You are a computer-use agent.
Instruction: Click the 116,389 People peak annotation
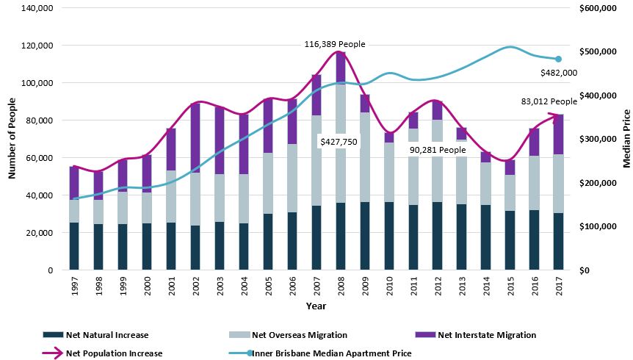335,45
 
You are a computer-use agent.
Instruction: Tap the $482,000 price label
558,73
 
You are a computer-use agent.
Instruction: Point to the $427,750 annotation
338,140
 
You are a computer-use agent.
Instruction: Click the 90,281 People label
438,150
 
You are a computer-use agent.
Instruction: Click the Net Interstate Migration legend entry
487,335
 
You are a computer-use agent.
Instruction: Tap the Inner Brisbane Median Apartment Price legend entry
331,353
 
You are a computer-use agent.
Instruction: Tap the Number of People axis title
12,139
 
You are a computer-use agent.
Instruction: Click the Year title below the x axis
316,306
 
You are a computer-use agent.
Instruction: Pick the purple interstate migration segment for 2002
196,138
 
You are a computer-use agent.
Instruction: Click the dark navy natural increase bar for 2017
560,242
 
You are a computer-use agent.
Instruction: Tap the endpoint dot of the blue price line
558,60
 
